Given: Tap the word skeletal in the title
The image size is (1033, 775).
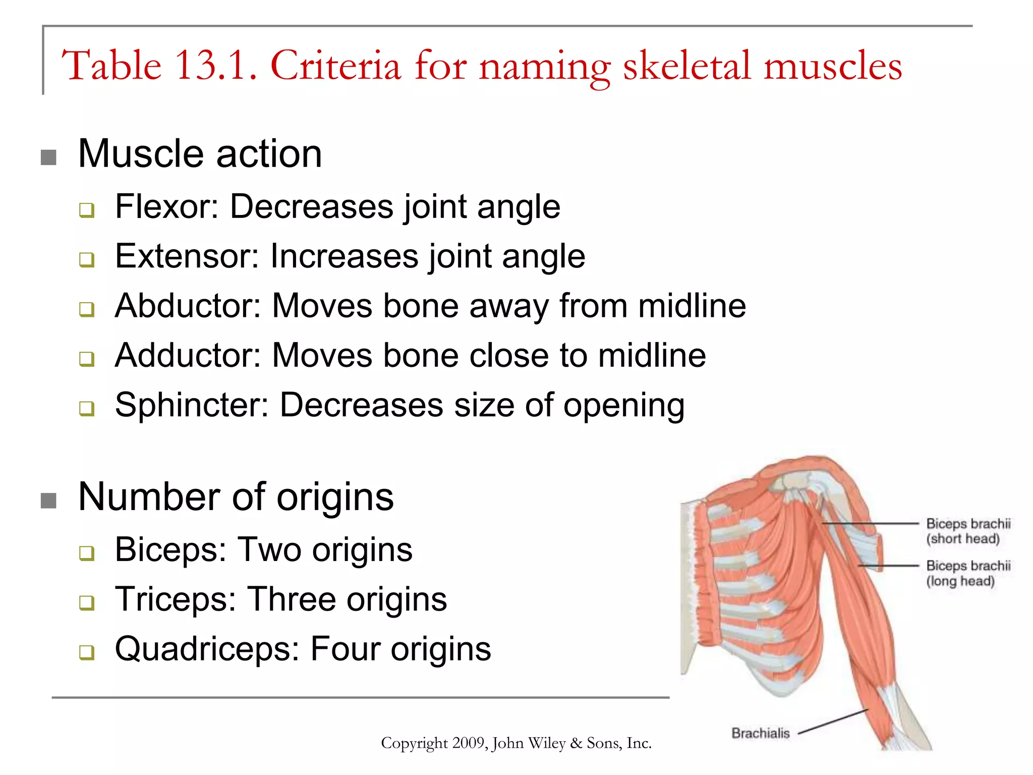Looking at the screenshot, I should (x=687, y=66).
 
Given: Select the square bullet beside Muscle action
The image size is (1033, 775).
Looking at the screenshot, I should (x=48, y=157).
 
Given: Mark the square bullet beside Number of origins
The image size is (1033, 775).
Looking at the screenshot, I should (x=48, y=501).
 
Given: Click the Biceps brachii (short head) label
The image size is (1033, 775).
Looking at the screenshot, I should (x=968, y=531).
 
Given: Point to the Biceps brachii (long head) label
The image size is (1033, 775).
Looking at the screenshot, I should (x=968, y=574).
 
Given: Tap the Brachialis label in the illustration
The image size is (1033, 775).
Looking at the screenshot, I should (x=760, y=733).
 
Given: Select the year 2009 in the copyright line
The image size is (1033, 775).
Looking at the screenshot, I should (x=469, y=743).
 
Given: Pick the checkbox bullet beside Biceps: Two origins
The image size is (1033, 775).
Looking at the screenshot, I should (x=87, y=553).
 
